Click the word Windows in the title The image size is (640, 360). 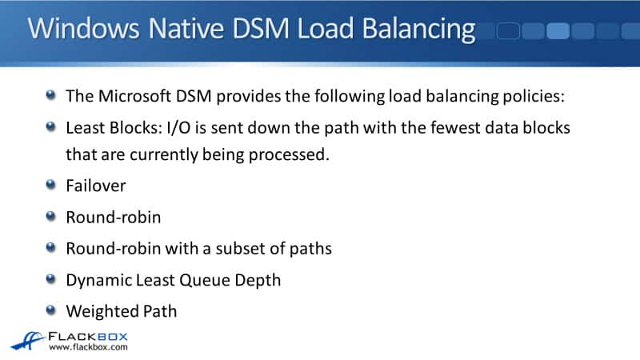(x=83, y=28)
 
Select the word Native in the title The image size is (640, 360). (x=186, y=28)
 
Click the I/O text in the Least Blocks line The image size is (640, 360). (x=178, y=128)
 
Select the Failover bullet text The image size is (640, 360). (x=96, y=186)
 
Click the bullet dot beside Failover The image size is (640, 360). (x=50, y=185)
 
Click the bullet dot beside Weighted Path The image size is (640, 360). (x=50, y=310)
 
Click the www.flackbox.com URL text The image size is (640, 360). (x=88, y=347)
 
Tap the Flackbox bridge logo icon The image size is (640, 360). (x=27, y=342)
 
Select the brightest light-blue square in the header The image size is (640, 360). (x=558, y=31)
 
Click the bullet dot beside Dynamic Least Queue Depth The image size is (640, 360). (x=50, y=278)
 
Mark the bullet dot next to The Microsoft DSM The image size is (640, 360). (x=50, y=95)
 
